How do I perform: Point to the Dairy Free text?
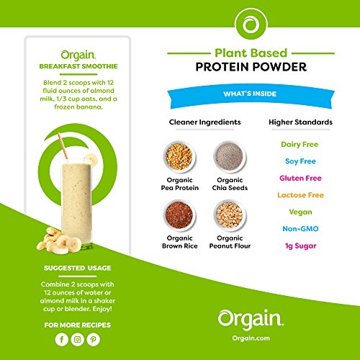[300, 144]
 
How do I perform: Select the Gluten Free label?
[300, 177]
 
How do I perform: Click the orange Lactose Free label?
[300, 194]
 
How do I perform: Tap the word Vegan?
[300, 211]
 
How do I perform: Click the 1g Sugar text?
[300, 245]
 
